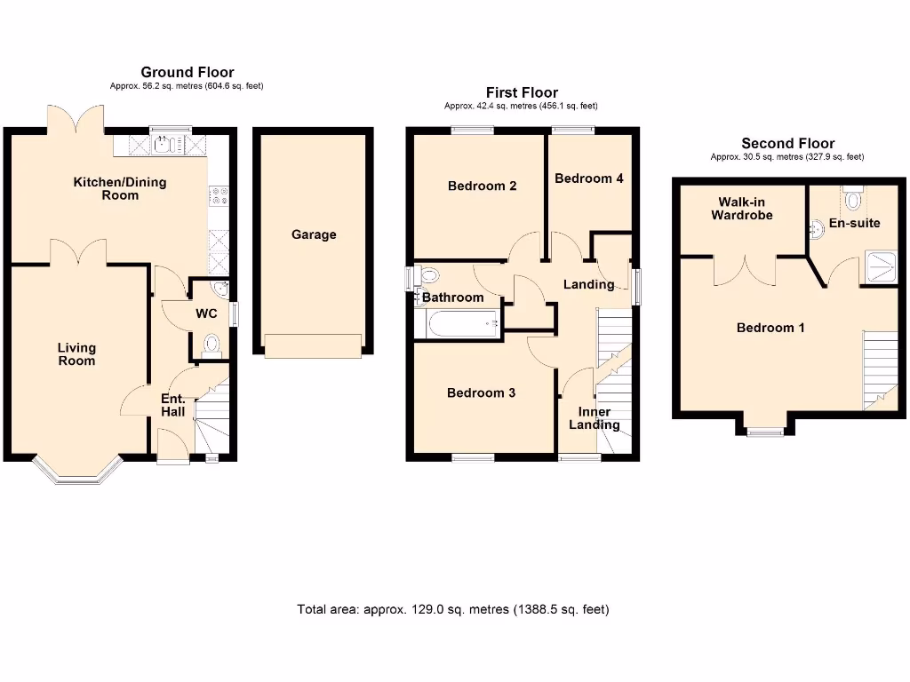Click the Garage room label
(314, 235)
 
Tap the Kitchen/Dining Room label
(119, 188)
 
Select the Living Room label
(76, 354)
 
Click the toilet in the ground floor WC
(212, 343)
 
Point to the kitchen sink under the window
(165, 143)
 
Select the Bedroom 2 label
(482, 186)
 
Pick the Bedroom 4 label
(588, 178)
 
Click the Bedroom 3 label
(481, 393)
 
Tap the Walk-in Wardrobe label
(741, 209)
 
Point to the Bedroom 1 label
(770, 328)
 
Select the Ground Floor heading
(187, 72)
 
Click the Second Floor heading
(787, 144)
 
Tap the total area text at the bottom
(453, 609)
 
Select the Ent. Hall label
(172, 406)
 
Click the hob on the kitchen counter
(217, 197)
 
